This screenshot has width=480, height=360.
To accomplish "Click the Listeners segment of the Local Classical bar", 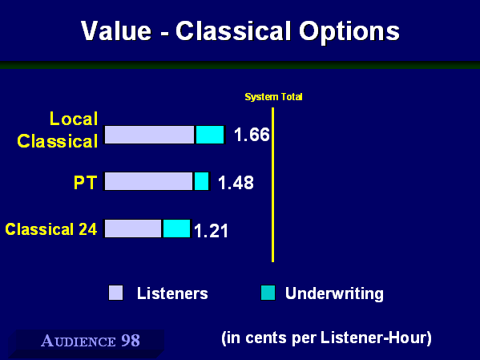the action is [149, 135].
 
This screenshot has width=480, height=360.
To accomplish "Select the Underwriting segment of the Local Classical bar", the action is [210, 135].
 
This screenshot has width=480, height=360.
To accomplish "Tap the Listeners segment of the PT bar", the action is [148, 181].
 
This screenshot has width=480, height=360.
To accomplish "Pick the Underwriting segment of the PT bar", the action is [202, 181].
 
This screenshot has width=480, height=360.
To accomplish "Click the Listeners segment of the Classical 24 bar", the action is [133, 229].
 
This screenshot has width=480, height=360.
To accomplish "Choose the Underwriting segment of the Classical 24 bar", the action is [176, 229].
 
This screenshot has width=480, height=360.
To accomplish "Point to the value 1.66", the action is [252, 135].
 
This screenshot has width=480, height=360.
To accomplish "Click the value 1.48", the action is [236, 183].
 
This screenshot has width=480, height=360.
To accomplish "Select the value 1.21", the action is [212, 231].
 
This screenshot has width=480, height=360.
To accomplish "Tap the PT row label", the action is [86, 183].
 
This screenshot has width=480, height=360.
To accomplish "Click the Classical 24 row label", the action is [51, 229].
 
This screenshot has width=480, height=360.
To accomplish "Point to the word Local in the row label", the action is [74, 119].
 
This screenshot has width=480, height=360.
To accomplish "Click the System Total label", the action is [273, 97].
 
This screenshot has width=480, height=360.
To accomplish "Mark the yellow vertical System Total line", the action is [272, 184].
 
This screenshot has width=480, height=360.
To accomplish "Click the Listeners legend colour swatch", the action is [116, 293].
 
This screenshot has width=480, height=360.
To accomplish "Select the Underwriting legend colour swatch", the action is [268, 293].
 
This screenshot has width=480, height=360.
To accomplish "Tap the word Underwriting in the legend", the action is [334, 293].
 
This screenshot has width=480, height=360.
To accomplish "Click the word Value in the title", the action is [116, 31].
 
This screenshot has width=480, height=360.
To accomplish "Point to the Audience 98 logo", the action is [91, 341].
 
